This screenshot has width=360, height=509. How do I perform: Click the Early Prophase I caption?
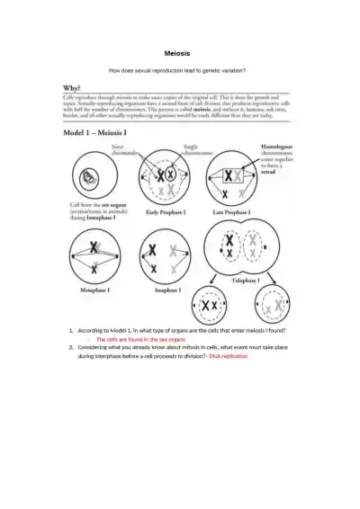pyautogui.click(x=165, y=212)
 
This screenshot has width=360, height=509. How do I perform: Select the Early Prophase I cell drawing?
pyautogui.click(x=164, y=177)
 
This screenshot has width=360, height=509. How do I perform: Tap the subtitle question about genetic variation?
pyautogui.click(x=176, y=71)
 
